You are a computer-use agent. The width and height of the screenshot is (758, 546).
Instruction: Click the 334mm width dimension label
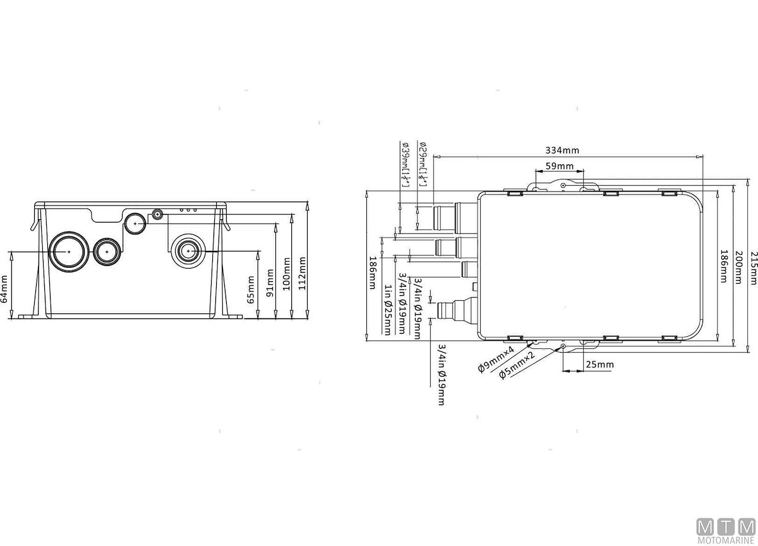(x=562, y=150)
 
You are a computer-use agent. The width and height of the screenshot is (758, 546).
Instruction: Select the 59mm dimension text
(x=559, y=167)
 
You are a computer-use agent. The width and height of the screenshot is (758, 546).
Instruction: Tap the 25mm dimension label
(x=599, y=365)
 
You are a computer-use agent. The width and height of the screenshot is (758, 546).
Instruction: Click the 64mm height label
(x=5, y=289)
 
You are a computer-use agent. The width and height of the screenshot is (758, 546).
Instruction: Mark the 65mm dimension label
(x=251, y=288)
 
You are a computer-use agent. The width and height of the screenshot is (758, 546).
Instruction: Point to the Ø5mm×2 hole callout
(x=517, y=365)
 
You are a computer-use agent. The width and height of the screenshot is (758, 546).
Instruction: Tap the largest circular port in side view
(x=68, y=251)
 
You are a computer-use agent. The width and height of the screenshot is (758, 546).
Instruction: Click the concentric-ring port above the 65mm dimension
(x=187, y=251)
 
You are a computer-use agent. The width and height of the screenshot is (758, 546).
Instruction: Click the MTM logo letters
(x=725, y=526)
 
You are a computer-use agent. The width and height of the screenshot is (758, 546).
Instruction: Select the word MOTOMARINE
(x=725, y=541)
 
